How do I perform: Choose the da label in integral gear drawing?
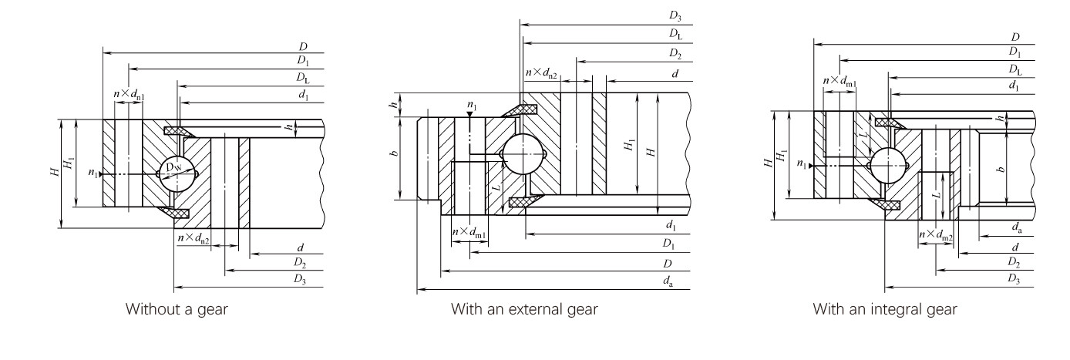[x=1017, y=227]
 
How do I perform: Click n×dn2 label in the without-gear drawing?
[x=193, y=239]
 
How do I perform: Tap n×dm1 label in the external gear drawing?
[x=469, y=232]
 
